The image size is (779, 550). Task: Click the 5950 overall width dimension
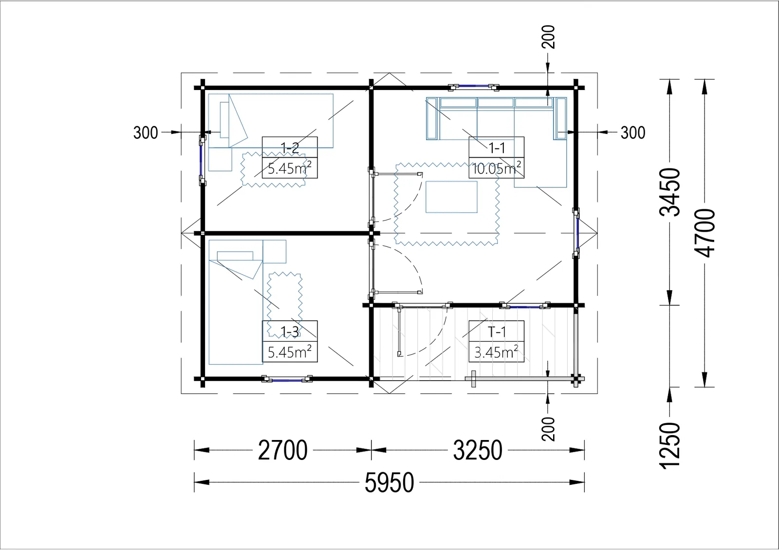click(x=389, y=482)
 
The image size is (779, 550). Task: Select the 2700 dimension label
click(x=283, y=450)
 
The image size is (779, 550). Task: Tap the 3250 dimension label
click(x=478, y=450)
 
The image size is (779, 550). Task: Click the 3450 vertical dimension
click(x=670, y=192)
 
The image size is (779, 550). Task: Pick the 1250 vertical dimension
click(x=670, y=446)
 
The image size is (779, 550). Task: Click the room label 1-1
click(x=497, y=148)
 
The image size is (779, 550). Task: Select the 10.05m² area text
click(x=497, y=168)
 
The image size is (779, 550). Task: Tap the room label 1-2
click(x=290, y=148)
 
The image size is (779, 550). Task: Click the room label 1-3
click(x=290, y=332)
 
